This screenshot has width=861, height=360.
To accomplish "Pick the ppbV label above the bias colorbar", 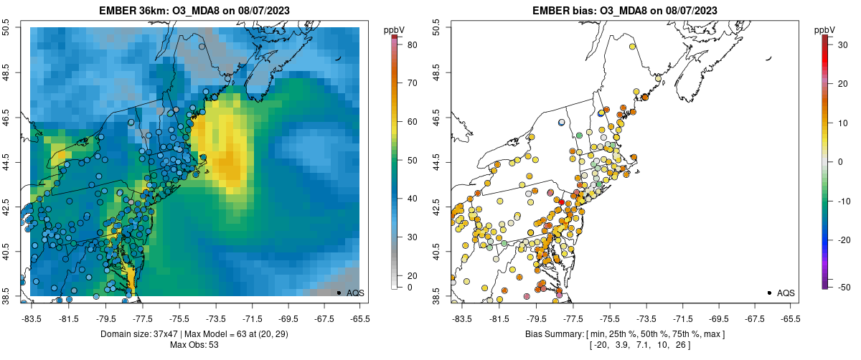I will (825, 29).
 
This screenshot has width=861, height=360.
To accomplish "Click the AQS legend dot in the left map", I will (339, 293).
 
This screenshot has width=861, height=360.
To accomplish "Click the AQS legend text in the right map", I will (786, 293).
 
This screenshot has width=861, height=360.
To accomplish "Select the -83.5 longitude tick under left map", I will (32, 318).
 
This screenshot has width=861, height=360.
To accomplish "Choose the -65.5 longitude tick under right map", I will (789, 318).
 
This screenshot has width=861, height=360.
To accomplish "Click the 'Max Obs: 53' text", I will (194, 345).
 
